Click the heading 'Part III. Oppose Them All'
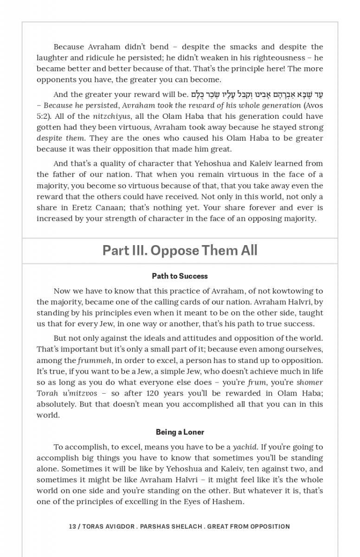[x=180, y=251]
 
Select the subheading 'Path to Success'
[x=180, y=276]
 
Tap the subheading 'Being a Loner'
[x=180, y=432]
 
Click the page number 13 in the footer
[x=72, y=526]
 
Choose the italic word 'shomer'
[x=309, y=382]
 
